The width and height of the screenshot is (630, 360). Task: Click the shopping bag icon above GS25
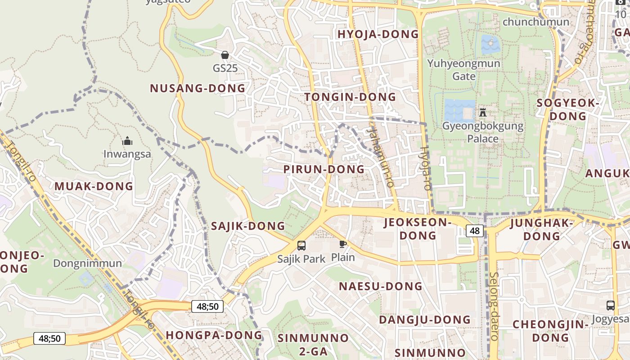[225, 55]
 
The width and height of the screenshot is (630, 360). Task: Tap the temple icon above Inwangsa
[127, 141]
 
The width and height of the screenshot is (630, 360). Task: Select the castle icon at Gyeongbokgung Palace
[483, 112]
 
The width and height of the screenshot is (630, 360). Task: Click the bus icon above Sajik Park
[301, 246]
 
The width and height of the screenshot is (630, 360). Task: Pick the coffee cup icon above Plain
[343, 244]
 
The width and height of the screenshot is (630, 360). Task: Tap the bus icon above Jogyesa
[610, 305]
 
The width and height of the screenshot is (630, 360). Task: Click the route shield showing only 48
[475, 231]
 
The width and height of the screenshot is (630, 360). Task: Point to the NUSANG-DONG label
[198, 88]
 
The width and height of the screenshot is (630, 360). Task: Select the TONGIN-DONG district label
[350, 97]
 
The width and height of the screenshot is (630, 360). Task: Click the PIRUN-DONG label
[324, 169]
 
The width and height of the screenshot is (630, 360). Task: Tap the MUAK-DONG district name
[94, 186]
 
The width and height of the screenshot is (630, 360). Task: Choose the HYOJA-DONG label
[378, 34]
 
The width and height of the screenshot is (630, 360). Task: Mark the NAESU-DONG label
[381, 286]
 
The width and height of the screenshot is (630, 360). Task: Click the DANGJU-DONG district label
[425, 319]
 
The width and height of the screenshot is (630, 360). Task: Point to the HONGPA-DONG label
[214, 335]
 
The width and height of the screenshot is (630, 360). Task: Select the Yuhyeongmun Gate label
[463, 69]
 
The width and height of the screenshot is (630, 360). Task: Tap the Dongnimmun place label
[87, 263]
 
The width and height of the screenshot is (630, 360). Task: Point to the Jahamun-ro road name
[381, 156]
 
